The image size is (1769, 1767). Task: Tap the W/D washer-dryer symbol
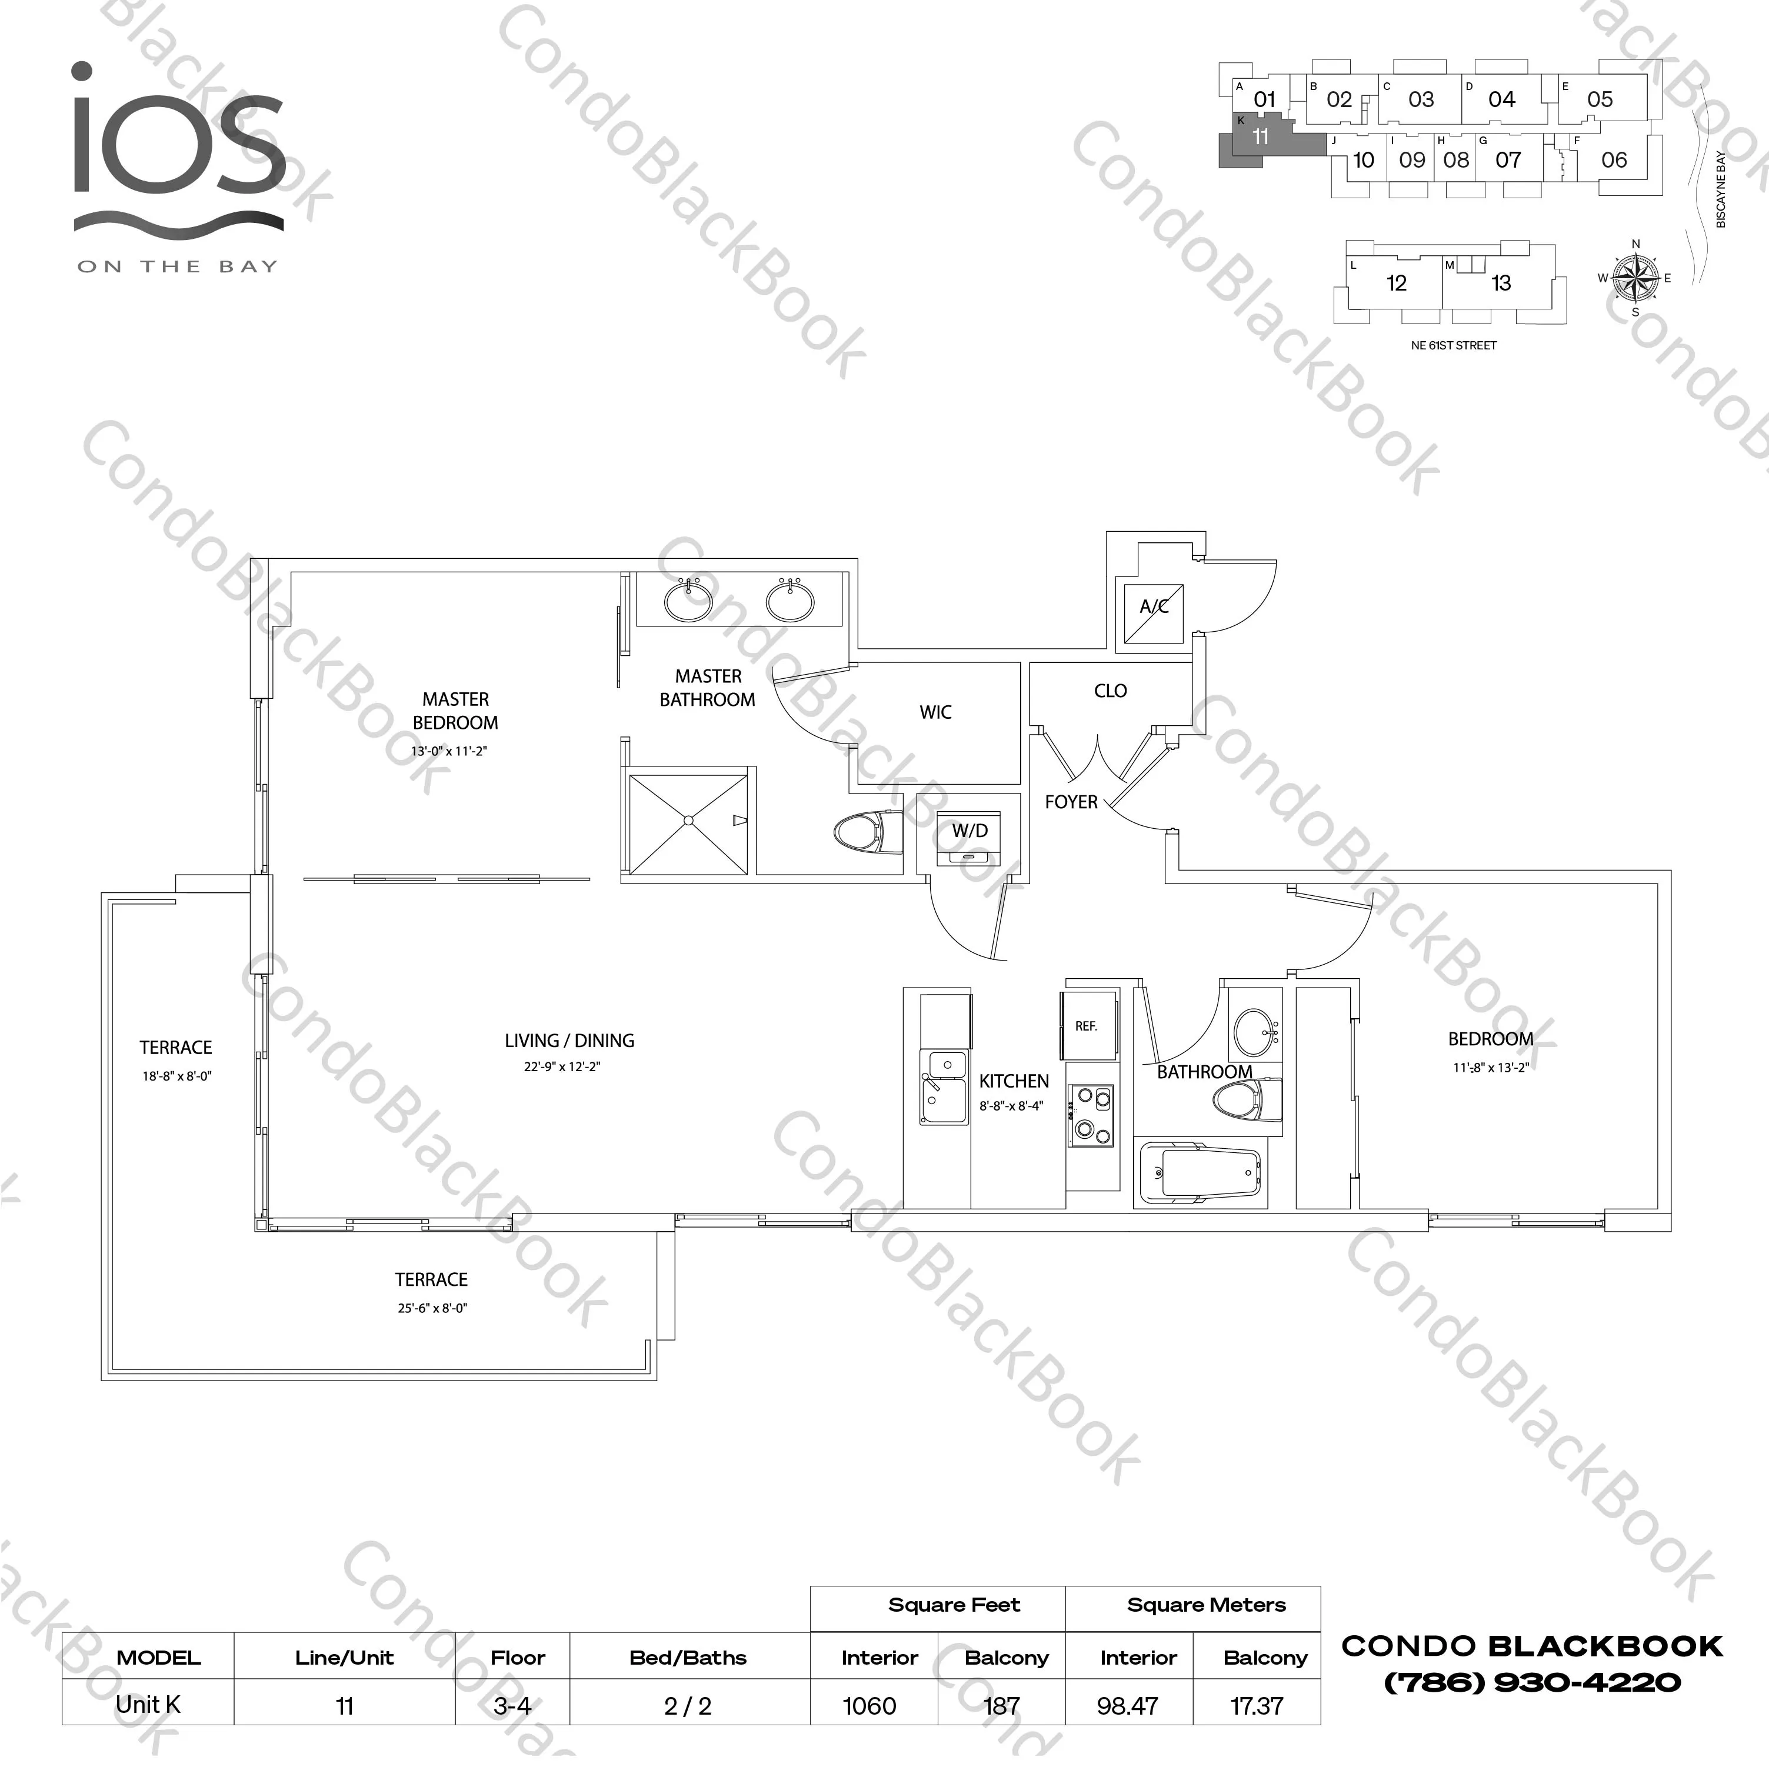click(970, 837)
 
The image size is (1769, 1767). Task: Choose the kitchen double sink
click(944, 1087)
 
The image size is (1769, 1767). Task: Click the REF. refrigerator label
click(1086, 1026)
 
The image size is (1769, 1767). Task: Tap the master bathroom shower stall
click(688, 824)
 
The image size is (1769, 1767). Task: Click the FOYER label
click(1071, 802)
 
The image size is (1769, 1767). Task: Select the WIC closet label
click(936, 712)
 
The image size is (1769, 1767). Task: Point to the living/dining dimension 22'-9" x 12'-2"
click(562, 1066)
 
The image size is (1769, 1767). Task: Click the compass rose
click(1635, 278)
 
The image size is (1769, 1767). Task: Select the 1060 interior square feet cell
click(870, 1706)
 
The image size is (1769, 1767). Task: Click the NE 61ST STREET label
click(1454, 345)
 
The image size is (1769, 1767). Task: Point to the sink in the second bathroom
click(1254, 1033)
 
